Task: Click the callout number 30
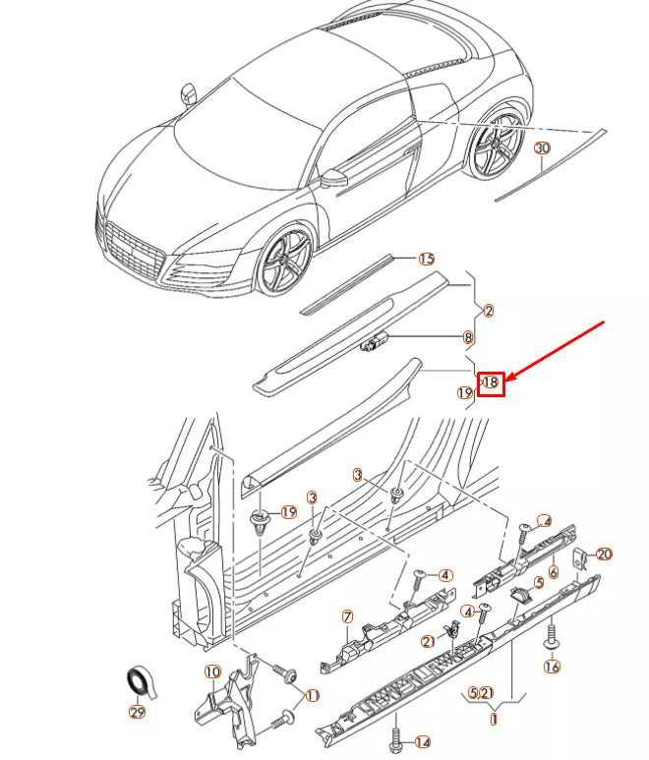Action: (x=543, y=148)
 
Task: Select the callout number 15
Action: (x=426, y=259)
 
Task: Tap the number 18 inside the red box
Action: (x=492, y=382)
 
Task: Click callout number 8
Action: (x=468, y=337)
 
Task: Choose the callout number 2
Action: (x=489, y=311)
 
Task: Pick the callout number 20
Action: (x=604, y=555)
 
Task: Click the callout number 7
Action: (x=347, y=616)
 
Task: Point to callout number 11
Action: (x=313, y=695)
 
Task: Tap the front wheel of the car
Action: (x=285, y=261)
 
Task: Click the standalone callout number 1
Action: (x=494, y=720)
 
